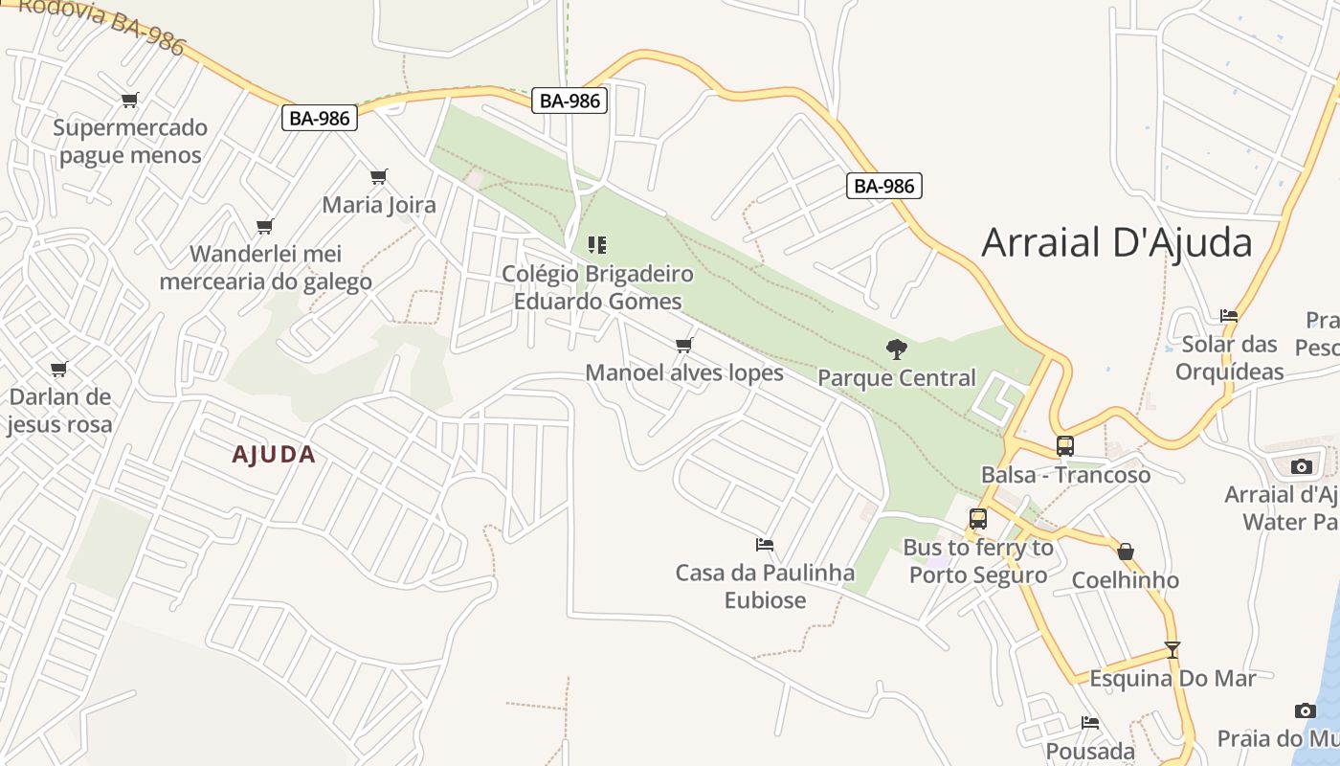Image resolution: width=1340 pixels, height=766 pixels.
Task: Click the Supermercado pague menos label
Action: pyautogui.click(x=130, y=142)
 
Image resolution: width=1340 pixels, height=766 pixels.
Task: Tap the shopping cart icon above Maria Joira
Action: pyautogui.click(x=379, y=176)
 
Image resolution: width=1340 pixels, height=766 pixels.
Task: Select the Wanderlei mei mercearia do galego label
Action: pyautogui.click(x=265, y=268)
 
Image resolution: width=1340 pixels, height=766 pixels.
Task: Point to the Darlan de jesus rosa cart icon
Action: pyautogui.click(x=59, y=369)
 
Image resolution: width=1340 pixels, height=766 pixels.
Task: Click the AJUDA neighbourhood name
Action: pyautogui.click(x=274, y=454)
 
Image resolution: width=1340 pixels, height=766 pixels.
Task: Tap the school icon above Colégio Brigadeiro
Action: pyautogui.click(x=597, y=245)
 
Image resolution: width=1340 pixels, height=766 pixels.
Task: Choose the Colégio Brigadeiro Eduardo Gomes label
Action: pyautogui.click(x=597, y=287)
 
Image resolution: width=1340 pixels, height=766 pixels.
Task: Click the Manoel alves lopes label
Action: pyautogui.click(x=684, y=372)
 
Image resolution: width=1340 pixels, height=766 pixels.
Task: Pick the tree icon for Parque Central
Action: pyautogui.click(x=896, y=349)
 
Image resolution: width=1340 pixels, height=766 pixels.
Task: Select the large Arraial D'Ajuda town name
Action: pyautogui.click(x=1117, y=242)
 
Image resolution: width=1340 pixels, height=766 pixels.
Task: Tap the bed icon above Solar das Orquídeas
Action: pyautogui.click(x=1229, y=315)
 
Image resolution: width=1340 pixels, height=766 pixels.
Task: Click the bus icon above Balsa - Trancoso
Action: pyautogui.click(x=1064, y=445)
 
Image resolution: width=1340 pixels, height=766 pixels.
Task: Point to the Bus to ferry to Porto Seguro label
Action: pyautogui.click(x=978, y=561)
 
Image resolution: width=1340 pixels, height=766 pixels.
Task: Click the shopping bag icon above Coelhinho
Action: pyautogui.click(x=1126, y=552)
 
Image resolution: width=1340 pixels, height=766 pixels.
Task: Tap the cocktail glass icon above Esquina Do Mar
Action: pyautogui.click(x=1172, y=649)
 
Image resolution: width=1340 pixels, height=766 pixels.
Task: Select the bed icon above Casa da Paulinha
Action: pyautogui.click(x=764, y=545)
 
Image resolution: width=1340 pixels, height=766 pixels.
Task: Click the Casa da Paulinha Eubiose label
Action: pyautogui.click(x=765, y=586)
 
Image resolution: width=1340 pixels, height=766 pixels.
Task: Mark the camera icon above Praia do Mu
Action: pyautogui.click(x=1305, y=710)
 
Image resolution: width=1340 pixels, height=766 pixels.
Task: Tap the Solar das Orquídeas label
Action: pyautogui.click(x=1230, y=357)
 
